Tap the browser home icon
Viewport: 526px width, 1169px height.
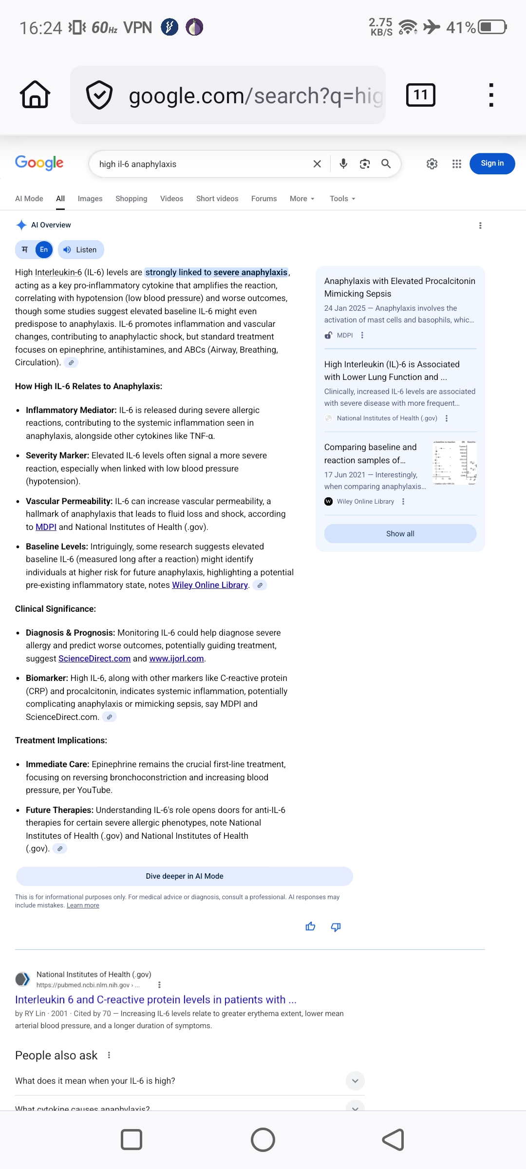(x=35, y=94)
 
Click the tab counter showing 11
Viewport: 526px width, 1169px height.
(x=420, y=94)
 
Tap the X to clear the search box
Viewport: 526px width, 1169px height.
(x=317, y=164)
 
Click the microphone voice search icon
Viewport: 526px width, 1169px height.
(x=343, y=164)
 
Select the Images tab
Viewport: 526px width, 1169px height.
(x=90, y=199)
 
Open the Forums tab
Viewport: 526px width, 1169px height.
(x=264, y=199)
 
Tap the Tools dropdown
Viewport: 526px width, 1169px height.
(x=342, y=199)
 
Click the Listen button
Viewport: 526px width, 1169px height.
(x=81, y=250)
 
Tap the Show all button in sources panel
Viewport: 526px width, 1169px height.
(x=400, y=534)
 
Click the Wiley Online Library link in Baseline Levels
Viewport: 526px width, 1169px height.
(x=210, y=585)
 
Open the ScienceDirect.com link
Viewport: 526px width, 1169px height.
(x=94, y=659)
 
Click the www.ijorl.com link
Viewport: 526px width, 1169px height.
(x=176, y=659)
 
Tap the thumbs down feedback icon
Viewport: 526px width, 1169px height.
(x=336, y=926)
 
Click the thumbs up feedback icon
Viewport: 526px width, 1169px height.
(x=310, y=926)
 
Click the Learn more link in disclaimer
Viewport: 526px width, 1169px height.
(x=83, y=905)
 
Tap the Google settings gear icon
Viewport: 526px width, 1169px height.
(x=432, y=164)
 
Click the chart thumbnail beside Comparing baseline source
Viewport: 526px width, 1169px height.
(x=454, y=463)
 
